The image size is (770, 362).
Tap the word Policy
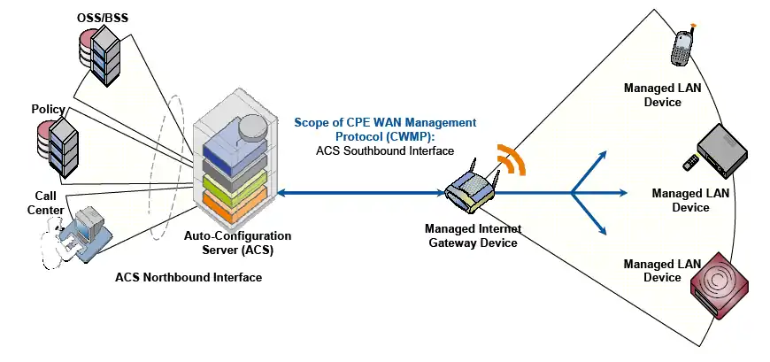coord(48,109)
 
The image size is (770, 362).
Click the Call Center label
coord(46,202)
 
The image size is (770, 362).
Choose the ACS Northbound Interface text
coord(189,277)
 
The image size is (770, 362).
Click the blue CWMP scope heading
coord(385,129)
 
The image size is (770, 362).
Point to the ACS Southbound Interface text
coord(385,151)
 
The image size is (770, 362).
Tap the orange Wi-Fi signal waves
coord(510,158)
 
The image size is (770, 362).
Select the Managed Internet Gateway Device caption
coord(470,235)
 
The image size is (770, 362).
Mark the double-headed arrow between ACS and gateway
coord(363,191)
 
